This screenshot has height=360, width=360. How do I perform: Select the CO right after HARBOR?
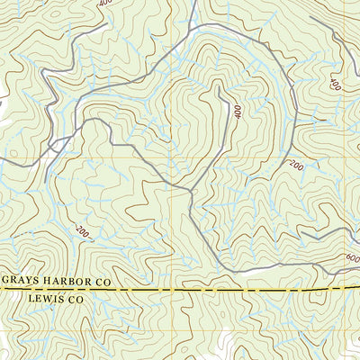[102, 282]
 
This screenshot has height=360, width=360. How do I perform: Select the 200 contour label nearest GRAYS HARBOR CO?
[84, 232]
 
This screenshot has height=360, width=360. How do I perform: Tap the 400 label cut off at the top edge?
[106, 4]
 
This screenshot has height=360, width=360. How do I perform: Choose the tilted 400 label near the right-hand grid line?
[336, 85]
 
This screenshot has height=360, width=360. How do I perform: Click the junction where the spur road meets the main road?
[192, 191]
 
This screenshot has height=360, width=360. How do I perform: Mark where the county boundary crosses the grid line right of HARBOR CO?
[168, 291]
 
